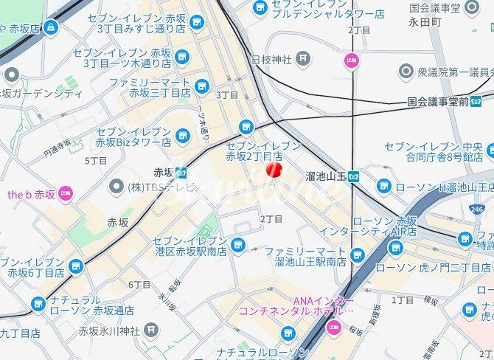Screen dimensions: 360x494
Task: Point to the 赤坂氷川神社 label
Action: tap(109, 329)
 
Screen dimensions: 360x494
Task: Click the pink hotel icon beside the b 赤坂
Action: tap(66, 194)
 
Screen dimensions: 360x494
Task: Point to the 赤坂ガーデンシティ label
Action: tap(42, 94)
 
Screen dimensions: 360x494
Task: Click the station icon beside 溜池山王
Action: tap(354, 176)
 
